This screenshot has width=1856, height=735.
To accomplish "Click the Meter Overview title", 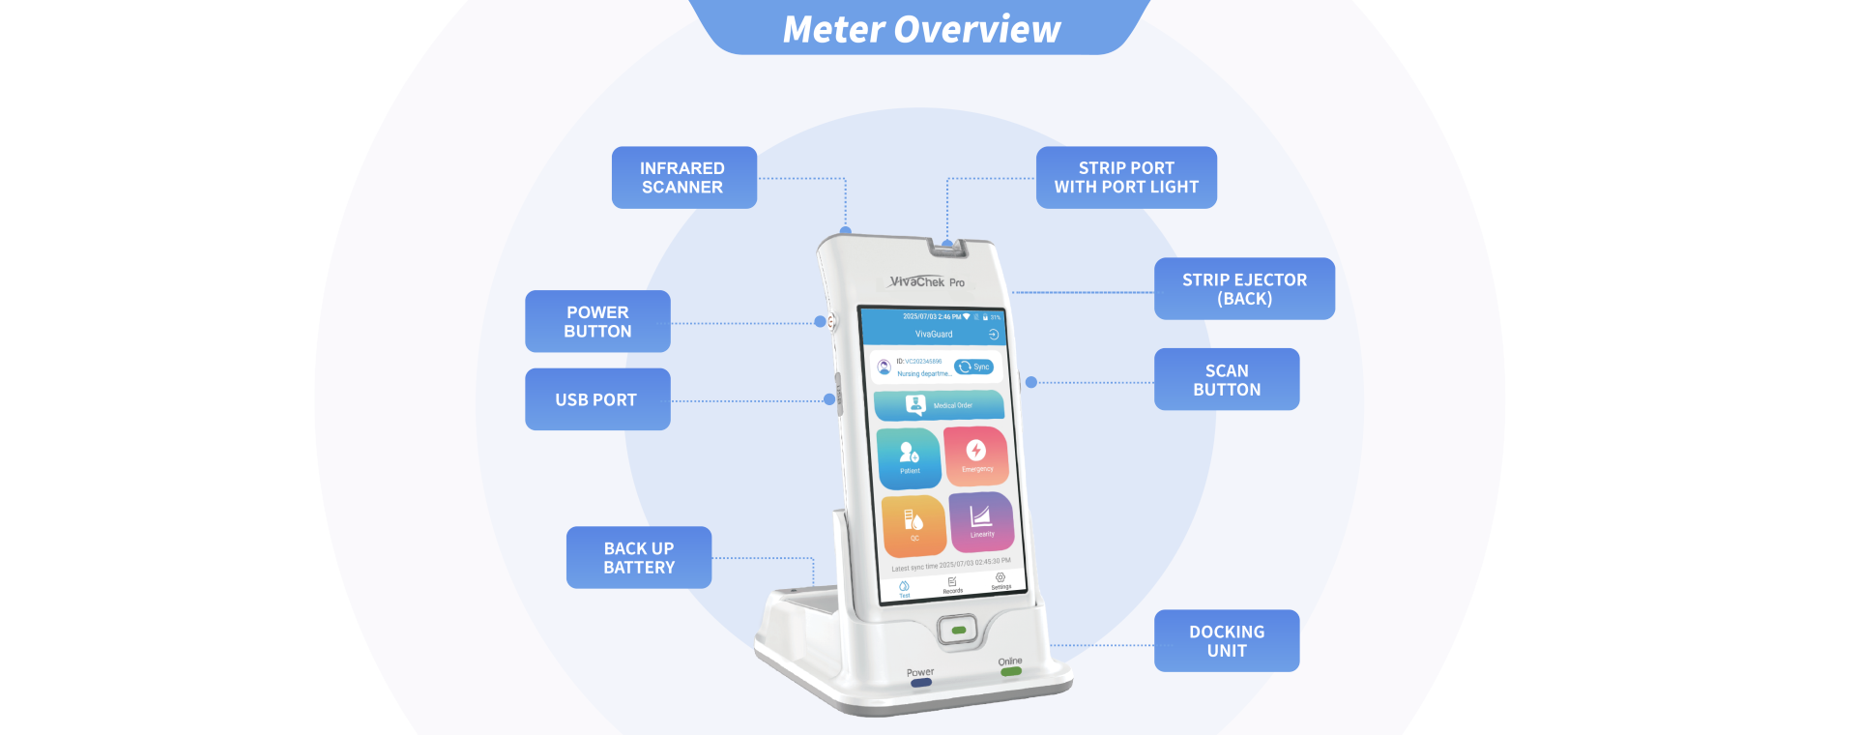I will (921, 29).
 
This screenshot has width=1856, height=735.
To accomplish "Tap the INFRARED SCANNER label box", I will (683, 178).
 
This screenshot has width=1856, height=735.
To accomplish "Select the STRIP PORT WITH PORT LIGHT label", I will (1126, 178).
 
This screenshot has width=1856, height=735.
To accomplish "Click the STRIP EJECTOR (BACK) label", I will (1244, 289).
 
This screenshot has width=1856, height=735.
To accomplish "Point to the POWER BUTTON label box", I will (597, 322).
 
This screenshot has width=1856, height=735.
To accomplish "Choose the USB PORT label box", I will (597, 399).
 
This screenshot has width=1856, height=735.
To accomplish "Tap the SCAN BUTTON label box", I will (1227, 380).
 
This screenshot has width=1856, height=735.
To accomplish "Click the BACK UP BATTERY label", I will (639, 558).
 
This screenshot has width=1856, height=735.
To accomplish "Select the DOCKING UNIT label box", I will (1227, 641).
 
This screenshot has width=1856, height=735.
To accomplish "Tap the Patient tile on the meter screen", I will (909, 457).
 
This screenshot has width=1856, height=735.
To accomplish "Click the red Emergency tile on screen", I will (976, 455).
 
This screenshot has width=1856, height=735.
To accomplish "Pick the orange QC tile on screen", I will (913, 525).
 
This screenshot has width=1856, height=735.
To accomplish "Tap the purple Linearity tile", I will (981, 520).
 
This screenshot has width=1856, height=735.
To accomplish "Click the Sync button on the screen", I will (974, 367).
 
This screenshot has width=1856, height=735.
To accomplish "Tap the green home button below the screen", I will (958, 630).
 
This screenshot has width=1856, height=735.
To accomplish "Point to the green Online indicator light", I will (1010, 671).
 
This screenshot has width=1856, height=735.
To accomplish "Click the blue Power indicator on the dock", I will (921, 683).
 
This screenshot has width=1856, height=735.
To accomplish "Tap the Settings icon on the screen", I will (1000, 579).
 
